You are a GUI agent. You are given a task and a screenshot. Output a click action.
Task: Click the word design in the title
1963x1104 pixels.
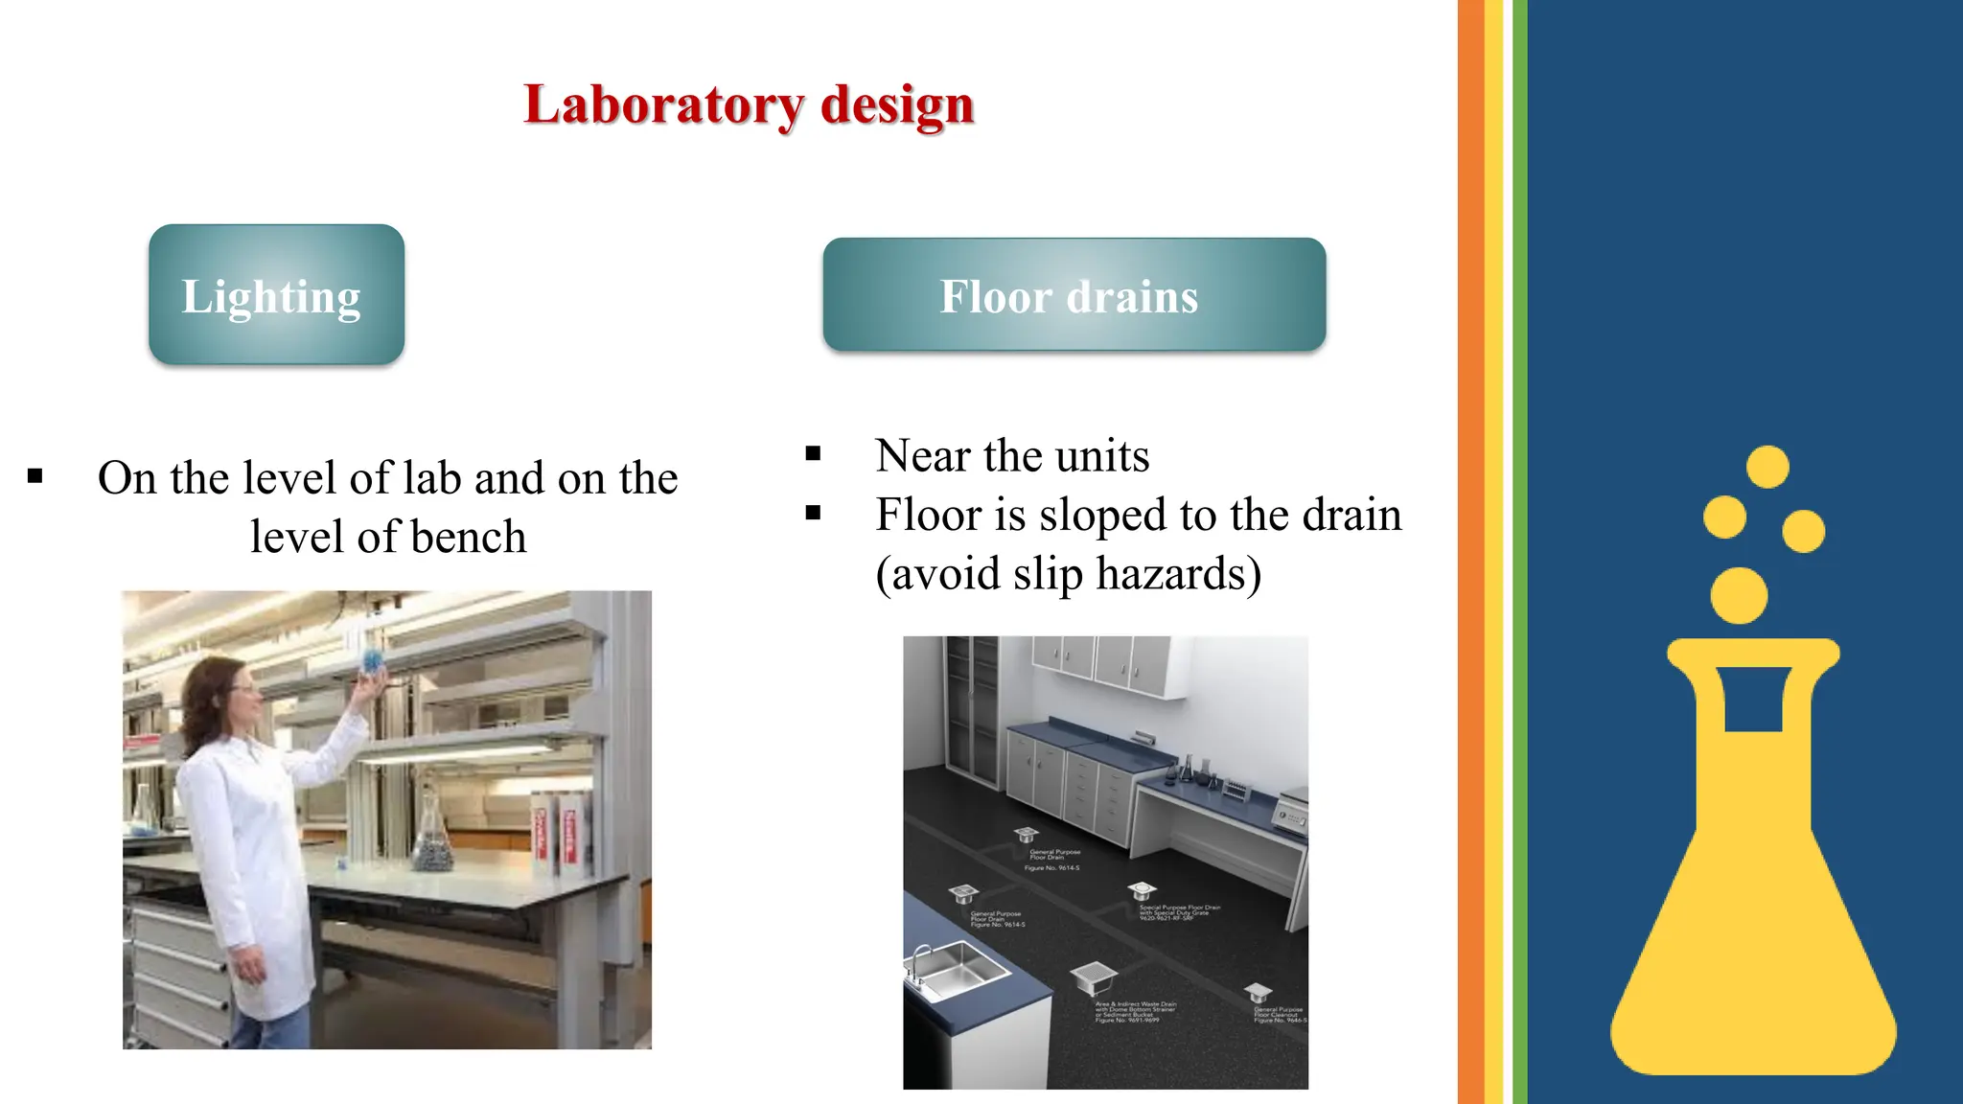(x=897, y=105)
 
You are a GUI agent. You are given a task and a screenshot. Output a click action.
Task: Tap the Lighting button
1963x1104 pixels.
(x=276, y=295)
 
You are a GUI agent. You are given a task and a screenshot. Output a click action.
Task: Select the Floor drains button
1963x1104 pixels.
(x=1074, y=295)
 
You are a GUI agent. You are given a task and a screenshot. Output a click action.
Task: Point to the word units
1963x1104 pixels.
(x=1101, y=456)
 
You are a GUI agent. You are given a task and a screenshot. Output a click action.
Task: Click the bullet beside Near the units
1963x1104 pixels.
(x=813, y=454)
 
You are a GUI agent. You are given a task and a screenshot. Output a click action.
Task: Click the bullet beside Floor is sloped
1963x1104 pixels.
(x=813, y=514)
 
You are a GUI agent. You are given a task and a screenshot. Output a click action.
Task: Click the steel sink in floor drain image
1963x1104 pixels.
(x=953, y=968)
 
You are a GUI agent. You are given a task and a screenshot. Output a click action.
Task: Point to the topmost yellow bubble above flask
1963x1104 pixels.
(x=1767, y=467)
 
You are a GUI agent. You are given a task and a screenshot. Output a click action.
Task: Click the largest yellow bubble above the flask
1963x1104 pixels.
(x=1739, y=595)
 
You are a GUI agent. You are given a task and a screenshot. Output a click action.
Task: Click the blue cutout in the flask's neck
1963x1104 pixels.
(x=1753, y=699)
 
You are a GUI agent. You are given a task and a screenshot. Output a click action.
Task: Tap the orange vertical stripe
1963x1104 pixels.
(x=1470, y=552)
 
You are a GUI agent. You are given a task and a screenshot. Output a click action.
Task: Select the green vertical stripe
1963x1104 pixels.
(x=1519, y=552)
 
